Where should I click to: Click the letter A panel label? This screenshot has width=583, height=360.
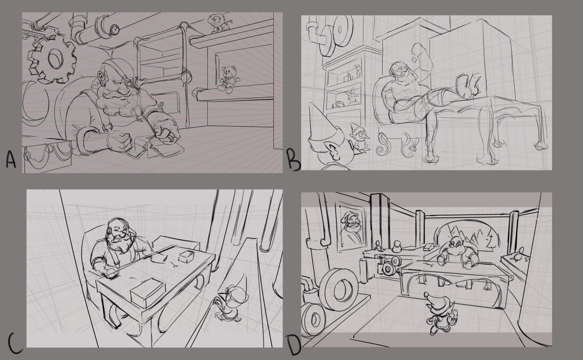(11, 160)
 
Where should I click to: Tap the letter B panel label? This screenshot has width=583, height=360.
(294, 160)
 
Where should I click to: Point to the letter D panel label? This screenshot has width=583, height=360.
(294, 346)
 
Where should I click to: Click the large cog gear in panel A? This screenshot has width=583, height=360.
(52, 60)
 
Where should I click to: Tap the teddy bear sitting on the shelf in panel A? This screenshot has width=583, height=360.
(228, 79)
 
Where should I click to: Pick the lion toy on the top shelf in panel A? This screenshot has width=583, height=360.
(218, 23)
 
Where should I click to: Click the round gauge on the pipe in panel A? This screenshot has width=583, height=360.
(115, 28)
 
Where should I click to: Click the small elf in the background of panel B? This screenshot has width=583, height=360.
(359, 136)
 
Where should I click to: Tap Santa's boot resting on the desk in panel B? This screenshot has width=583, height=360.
(468, 85)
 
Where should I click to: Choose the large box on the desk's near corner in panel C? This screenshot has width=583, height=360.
(147, 293)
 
